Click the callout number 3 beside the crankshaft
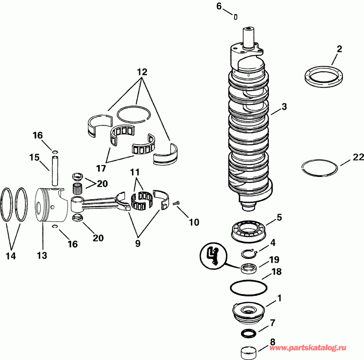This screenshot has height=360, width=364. click(284, 107)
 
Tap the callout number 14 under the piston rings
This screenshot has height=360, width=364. click(11, 256)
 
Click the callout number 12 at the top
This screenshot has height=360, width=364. click(142, 72)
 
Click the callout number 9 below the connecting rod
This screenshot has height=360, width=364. click(138, 244)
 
